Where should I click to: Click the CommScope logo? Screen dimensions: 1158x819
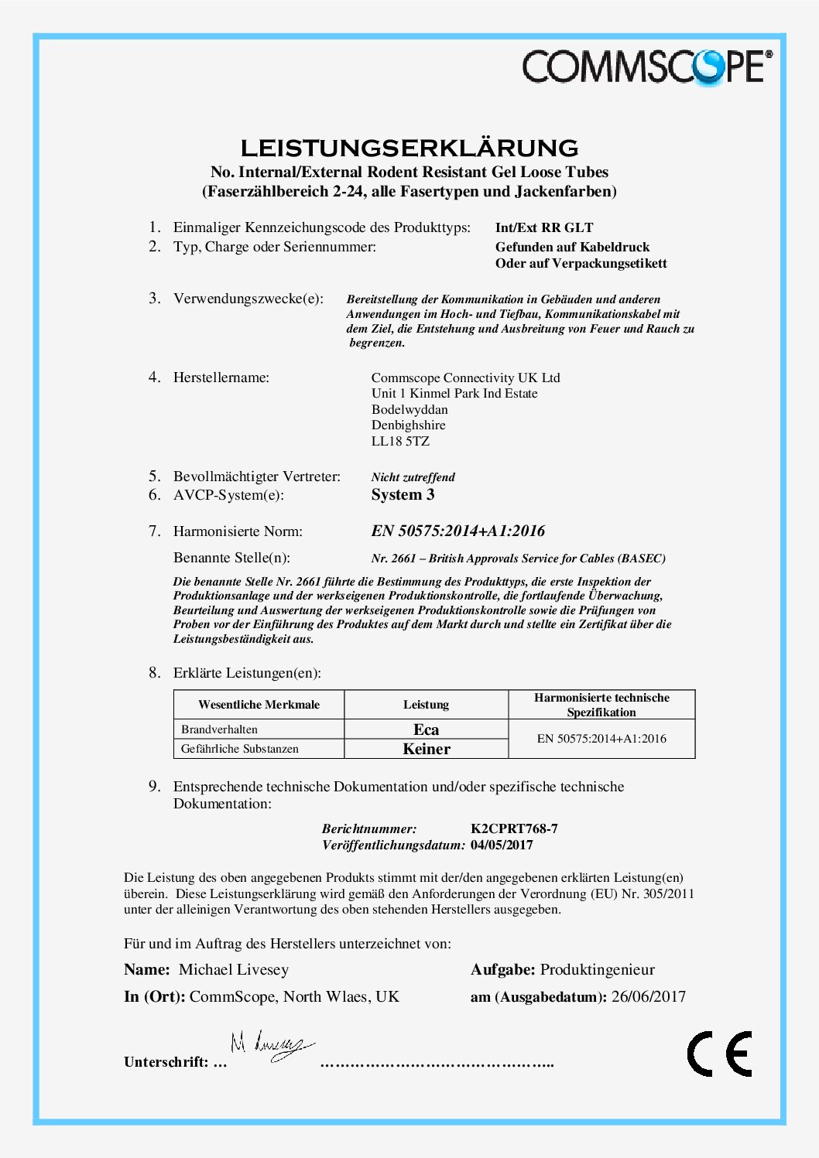tap(646, 67)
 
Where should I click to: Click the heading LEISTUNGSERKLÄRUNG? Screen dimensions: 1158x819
tap(409, 147)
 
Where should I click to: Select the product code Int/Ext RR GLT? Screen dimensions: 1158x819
tap(544, 227)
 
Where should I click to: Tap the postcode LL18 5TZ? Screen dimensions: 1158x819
tap(400, 441)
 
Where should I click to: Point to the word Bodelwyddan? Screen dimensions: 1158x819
tap(409, 409)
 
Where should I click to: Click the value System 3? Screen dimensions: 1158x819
tap(403, 495)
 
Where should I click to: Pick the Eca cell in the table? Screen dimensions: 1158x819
tap(426, 729)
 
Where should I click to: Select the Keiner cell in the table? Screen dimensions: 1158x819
tap(426, 749)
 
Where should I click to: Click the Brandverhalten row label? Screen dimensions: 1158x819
tap(219, 729)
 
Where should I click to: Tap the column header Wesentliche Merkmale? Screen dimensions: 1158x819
tap(259, 705)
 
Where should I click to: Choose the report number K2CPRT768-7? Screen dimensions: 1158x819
tap(514, 828)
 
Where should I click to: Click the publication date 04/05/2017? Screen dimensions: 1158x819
tap(502, 845)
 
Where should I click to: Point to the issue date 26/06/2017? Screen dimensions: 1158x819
tap(649, 996)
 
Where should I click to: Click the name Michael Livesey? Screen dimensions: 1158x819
tap(234, 969)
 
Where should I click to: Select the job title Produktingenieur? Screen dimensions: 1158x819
tap(598, 969)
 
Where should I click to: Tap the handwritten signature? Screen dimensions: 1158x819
tap(271, 1047)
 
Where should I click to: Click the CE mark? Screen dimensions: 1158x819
tap(719, 1054)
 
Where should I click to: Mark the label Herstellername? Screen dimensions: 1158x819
tap(221, 377)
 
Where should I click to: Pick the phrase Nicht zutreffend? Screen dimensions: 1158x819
tap(413, 477)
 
